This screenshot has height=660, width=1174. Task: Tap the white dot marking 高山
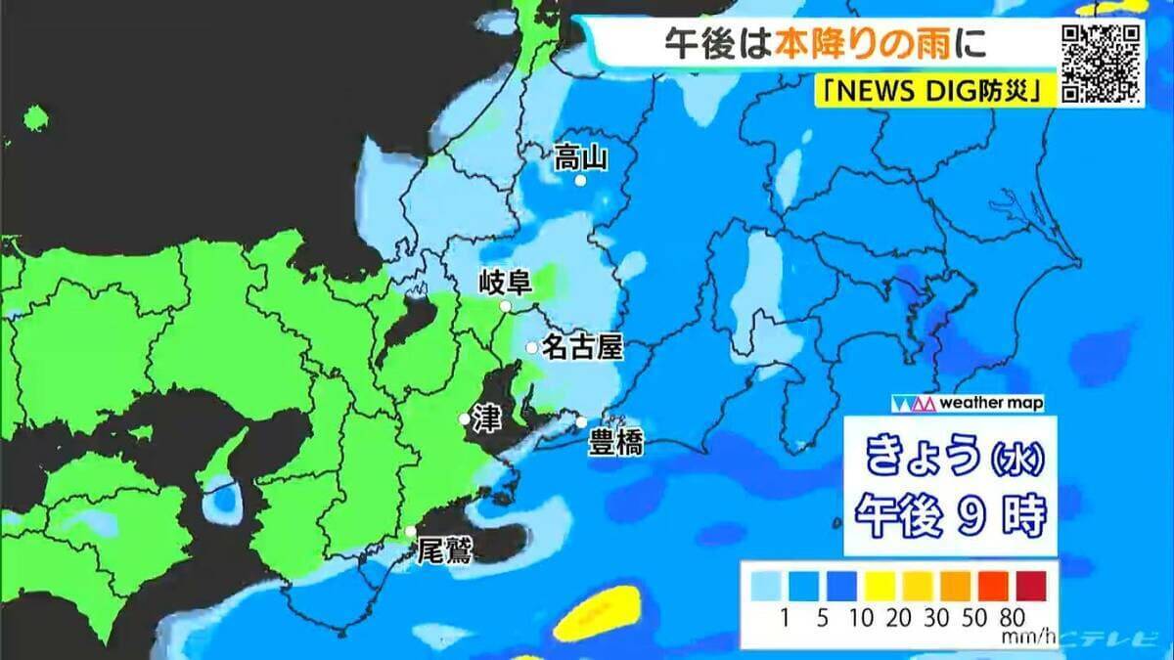[x=580, y=181]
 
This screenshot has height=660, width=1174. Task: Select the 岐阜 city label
[x=505, y=285]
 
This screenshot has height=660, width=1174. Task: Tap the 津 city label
[x=486, y=418]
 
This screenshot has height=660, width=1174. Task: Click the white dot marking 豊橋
[x=581, y=422]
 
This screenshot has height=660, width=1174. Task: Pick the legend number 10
[x=864, y=617]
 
